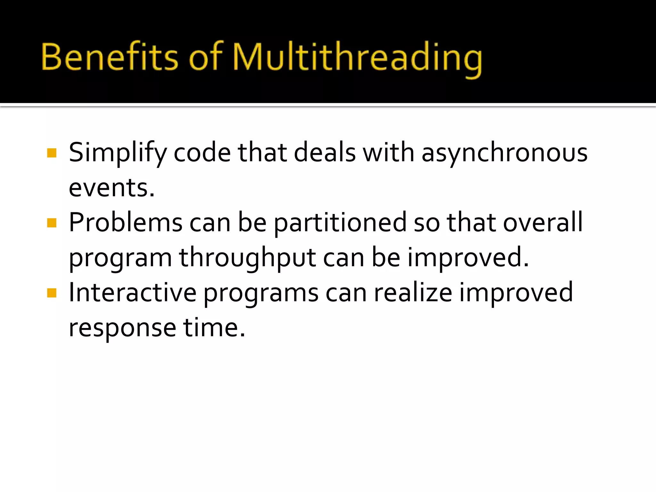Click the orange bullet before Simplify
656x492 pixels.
[52, 153]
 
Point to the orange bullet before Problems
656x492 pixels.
[52, 223]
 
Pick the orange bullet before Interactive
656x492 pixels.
[52, 293]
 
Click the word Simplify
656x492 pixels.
[118, 153]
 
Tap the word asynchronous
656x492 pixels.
[504, 153]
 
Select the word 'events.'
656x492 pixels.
[112, 188]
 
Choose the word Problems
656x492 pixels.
[126, 223]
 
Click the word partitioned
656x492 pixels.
[340, 223]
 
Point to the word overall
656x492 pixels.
[543, 223]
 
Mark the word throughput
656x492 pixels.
[247, 258]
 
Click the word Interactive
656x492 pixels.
[133, 293]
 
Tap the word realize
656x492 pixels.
[413, 293]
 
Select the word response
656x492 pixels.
[122, 328]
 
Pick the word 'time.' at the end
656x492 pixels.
[214, 328]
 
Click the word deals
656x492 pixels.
[324, 153]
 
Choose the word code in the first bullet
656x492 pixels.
[202, 153]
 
